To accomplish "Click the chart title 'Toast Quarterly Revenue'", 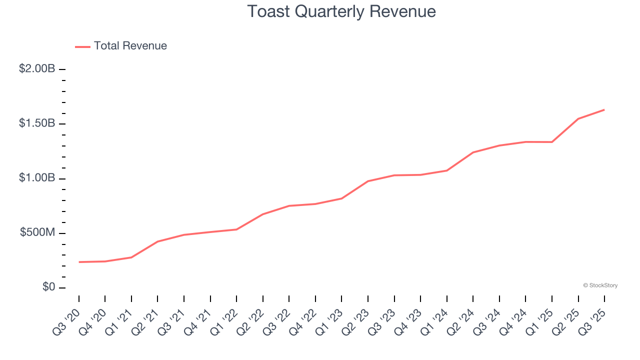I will [x=341, y=11].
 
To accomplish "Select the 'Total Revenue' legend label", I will [x=130, y=46].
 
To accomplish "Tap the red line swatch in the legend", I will [x=82, y=46].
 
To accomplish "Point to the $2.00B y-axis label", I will [x=37, y=69].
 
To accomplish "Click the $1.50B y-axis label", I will [x=37, y=123].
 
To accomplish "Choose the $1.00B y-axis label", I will [x=37, y=178].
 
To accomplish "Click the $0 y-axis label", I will [x=48, y=287].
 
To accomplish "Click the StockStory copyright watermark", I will [x=600, y=285].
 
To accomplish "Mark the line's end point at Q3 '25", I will [x=604, y=109].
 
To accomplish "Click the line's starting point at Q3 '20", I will [x=79, y=262].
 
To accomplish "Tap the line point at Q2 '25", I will [x=578, y=118].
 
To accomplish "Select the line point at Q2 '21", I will [x=157, y=241].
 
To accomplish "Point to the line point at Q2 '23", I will [x=368, y=181].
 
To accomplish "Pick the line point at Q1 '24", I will [x=447, y=170].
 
